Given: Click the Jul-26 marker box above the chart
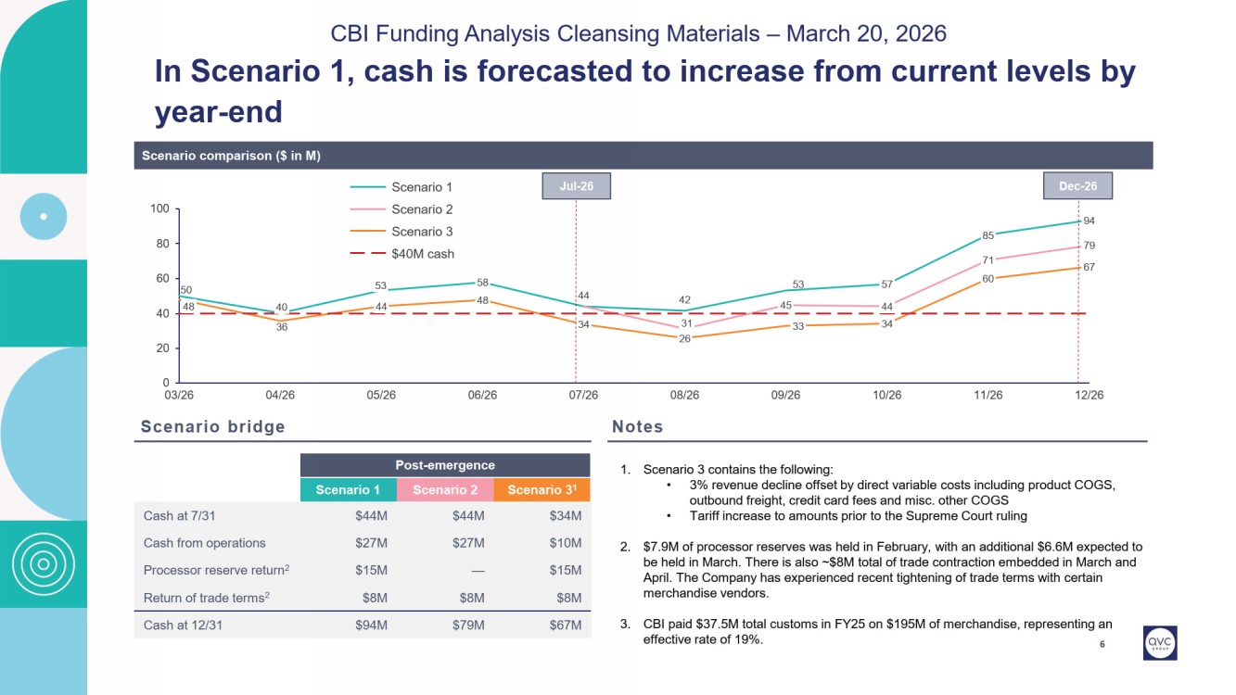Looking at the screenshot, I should point(576,186).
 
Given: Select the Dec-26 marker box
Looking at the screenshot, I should point(1077,186).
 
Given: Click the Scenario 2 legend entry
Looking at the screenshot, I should point(422,209).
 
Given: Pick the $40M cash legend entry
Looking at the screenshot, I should point(422,254).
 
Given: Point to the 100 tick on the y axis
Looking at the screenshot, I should point(159,209).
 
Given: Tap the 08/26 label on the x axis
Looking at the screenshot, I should point(684,395).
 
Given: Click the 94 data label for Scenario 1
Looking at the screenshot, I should point(1089,221).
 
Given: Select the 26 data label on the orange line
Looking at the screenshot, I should point(684,339).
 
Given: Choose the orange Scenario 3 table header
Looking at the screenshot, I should point(542,490).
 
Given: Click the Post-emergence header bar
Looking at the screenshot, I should point(445,465).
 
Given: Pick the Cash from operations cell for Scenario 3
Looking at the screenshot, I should point(565,543).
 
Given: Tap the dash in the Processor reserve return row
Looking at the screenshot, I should point(474,570).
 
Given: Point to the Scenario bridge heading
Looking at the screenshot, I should point(213,427).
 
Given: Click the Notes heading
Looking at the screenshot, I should point(638,427).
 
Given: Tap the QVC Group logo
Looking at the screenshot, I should point(1160,643).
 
